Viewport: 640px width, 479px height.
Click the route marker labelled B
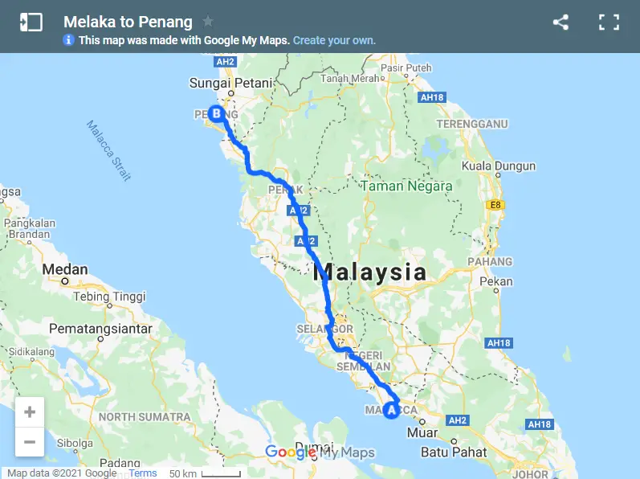[x=215, y=113]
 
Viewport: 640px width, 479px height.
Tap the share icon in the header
[x=561, y=23]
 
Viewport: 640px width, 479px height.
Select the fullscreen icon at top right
[x=609, y=23]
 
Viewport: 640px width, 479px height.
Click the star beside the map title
[x=208, y=22]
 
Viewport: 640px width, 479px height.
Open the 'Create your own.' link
[x=334, y=40]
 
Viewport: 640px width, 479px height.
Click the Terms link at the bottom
[x=143, y=473]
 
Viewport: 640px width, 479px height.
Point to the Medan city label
[x=65, y=269]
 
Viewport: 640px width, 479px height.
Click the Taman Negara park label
[x=406, y=186]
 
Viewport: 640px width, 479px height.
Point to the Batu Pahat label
[x=454, y=452]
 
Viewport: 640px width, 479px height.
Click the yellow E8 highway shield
[x=495, y=205]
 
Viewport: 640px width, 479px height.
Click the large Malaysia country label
[x=369, y=272]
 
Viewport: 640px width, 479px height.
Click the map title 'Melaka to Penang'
[x=128, y=22]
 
